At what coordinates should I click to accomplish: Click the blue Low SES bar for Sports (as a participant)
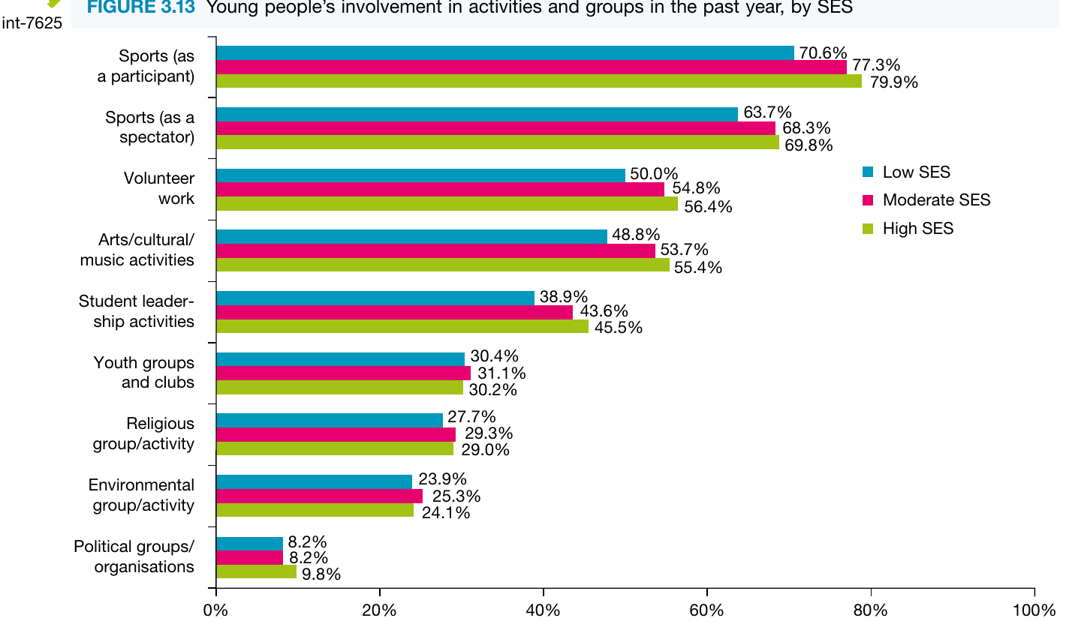coord(505,52)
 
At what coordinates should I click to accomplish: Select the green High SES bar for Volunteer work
coord(447,203)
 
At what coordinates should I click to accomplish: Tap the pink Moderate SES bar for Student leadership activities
coord(395,313)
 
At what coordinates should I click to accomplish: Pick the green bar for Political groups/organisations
coord(257,571)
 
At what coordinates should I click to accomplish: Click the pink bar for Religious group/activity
coord(336,434)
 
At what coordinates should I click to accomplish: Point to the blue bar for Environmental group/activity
coord(314,481)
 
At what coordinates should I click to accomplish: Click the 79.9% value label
coord(894,82)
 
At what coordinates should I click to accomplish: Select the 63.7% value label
coord(768,112)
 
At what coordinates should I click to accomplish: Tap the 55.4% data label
coord(698,268)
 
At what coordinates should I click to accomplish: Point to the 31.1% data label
coord(501,373)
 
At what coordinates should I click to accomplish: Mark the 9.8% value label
coord(321,574)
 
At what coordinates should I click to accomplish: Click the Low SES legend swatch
coord(868,172)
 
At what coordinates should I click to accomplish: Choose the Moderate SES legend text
coord(937,200)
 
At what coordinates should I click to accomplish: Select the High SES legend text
coord(918,229)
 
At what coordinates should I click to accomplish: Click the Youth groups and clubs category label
coord(143,372)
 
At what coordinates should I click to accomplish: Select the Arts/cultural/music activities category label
coord(137,250)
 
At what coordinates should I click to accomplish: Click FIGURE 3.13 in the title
coord(141,7)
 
